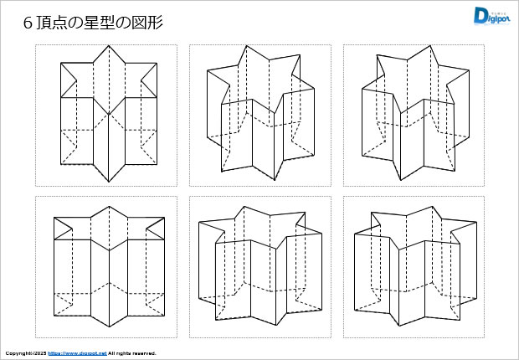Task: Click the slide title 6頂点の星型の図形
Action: [x=92, y=23]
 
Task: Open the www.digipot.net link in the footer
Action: [x=77, y=353]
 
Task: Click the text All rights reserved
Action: [x=132, y=353]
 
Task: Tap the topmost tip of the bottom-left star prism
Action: [x=107, y=205]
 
